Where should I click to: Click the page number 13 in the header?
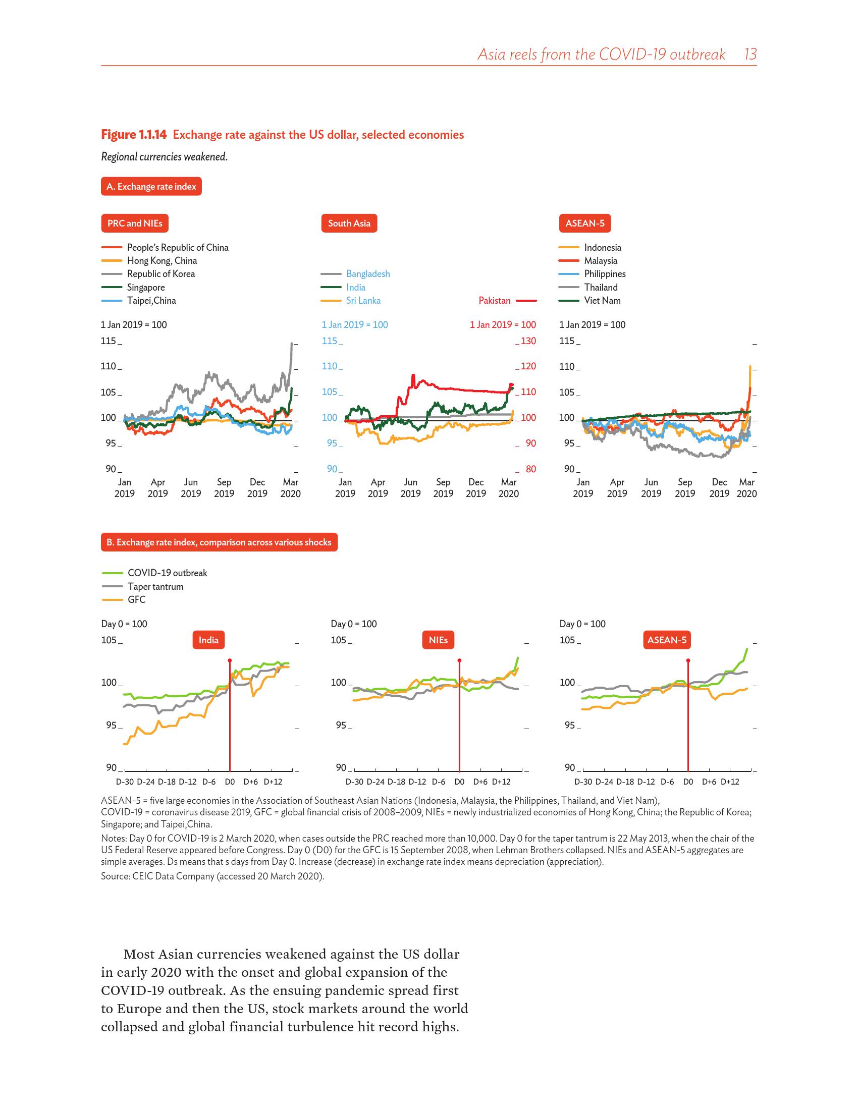click(x=749, y=54)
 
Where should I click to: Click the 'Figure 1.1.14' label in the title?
click(x=134, y=135)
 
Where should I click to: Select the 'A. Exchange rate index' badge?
click(x=151, y=187)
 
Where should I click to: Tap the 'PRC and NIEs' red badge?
click(x=135, y=223)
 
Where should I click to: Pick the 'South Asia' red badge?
click(x=349, y=223)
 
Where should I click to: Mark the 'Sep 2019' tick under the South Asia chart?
click(x=443, y=487)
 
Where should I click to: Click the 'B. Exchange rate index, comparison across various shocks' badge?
click(x=219, y=542)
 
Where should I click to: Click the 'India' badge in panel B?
click(x=208, y=640)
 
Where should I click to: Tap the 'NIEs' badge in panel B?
click(x=438, y=640)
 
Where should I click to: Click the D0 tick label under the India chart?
click(x=230, y=782)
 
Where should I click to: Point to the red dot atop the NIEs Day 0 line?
click(x=459, y=661)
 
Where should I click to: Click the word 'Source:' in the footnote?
click(x=116, y=876)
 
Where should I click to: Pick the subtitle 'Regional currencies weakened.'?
click(x=164, y=156)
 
